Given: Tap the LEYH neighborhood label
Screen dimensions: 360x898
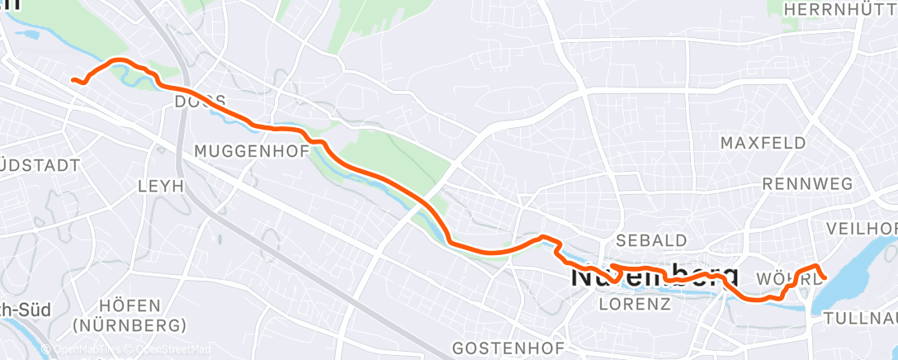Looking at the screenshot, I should (x=162, y=187).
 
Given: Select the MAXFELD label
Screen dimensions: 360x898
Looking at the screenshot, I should (x=763, y=143).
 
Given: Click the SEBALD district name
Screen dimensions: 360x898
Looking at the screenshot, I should (x=652, y=240).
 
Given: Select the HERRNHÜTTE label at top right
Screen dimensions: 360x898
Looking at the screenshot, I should (x=837, y=8).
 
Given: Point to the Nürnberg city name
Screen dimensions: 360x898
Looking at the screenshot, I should (x=655, y=275).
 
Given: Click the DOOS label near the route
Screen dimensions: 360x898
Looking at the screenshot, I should (x=201, y=101).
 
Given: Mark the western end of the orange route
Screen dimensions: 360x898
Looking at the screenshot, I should (x=73, y=80).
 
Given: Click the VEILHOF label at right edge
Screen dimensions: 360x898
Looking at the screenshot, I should (x=862, y=227).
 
